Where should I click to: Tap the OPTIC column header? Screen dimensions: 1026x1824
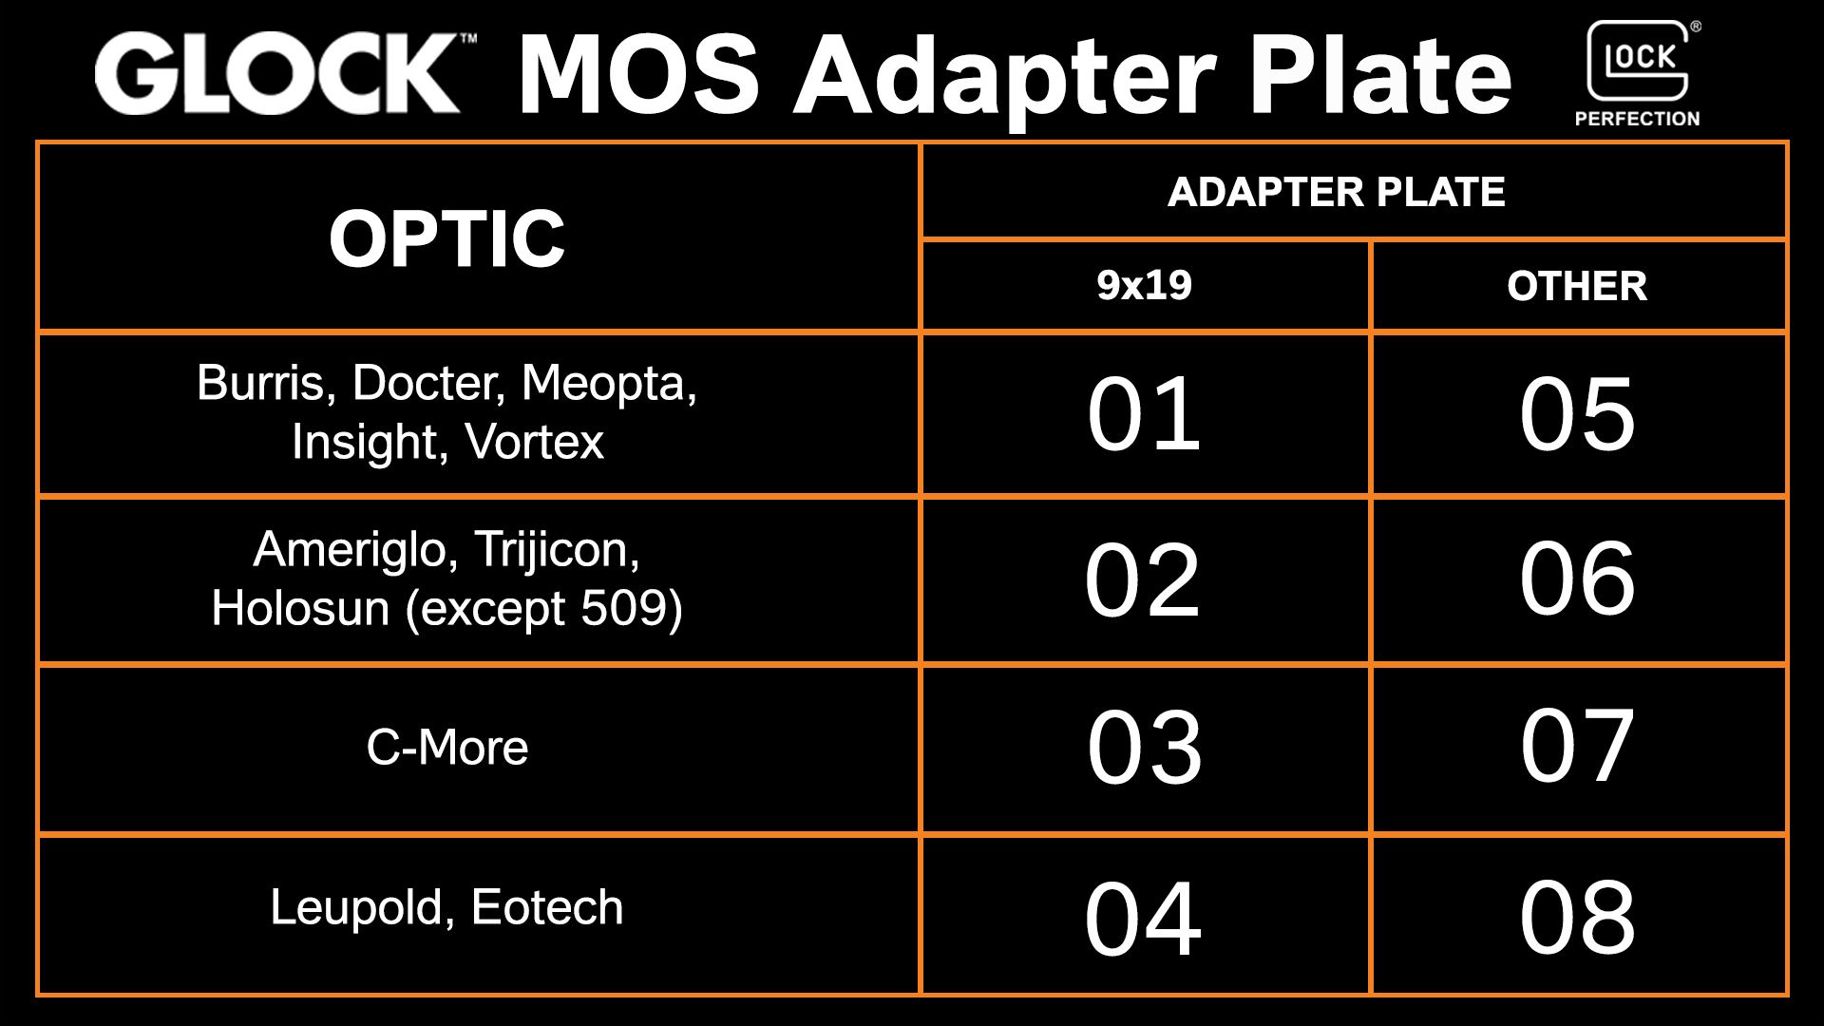pos(446,237)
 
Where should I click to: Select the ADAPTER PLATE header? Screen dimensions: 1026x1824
pos(1336,192)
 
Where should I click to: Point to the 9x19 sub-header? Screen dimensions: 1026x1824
pos(1144,285)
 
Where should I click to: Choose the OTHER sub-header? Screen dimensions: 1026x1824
pos(1577,286)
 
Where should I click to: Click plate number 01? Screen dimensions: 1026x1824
pos(1144,414)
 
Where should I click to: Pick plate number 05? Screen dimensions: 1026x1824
pos(1577,414)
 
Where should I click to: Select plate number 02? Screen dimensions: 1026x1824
pos(1143,579)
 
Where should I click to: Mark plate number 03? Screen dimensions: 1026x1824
pos(1144,748)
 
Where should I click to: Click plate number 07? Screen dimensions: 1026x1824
pos(1577,746)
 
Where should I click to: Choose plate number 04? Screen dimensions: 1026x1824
pos(1143,918)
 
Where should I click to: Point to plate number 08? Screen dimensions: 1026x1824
pos(1577,917)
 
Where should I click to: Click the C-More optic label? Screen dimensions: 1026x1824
pos(446,748)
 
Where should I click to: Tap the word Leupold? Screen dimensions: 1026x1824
pos(353,907)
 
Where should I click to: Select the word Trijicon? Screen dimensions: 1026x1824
pos(556,549)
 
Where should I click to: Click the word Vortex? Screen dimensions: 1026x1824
pos(535,442)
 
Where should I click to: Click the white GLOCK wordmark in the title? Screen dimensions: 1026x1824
pos(277,74)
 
